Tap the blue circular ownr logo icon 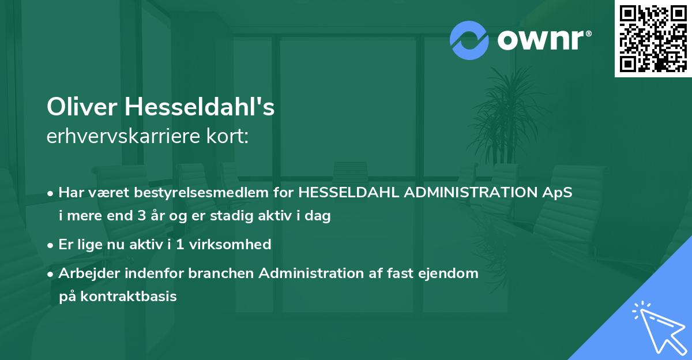pyautogui.click(x=469, y=40)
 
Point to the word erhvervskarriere pyautogui.click(x=125, y=137)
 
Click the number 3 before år pyautogui.click(x=142, y=216)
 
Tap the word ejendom pyautogui.click(x=452, y=273)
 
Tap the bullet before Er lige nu pyautogui.click(x=51, y=245)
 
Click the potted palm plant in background pyautogui.click(x=507, y=121)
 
